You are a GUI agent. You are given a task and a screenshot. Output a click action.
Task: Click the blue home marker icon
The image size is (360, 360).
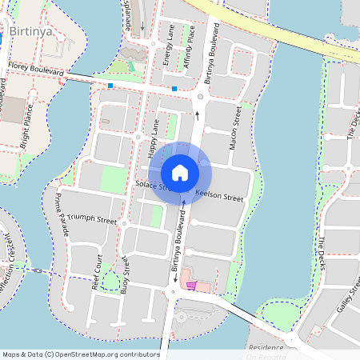pos(179,172)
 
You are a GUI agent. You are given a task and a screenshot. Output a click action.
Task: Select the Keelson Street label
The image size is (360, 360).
pos(218,196)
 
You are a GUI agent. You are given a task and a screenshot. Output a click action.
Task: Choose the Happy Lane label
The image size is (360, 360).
pos(152,138)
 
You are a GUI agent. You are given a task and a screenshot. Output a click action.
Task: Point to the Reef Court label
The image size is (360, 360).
pos(96,271)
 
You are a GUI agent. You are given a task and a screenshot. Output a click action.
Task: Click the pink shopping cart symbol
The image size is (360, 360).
pos(190,284)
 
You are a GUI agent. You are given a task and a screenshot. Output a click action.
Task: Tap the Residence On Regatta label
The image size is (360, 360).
pos(266,352)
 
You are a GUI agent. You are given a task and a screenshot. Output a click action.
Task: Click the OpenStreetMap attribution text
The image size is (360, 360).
pos(80,354)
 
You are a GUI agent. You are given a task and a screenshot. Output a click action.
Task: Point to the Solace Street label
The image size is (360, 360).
pos(152,186)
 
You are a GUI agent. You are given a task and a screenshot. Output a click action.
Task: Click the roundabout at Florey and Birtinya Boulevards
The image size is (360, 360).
pos(199,98)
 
